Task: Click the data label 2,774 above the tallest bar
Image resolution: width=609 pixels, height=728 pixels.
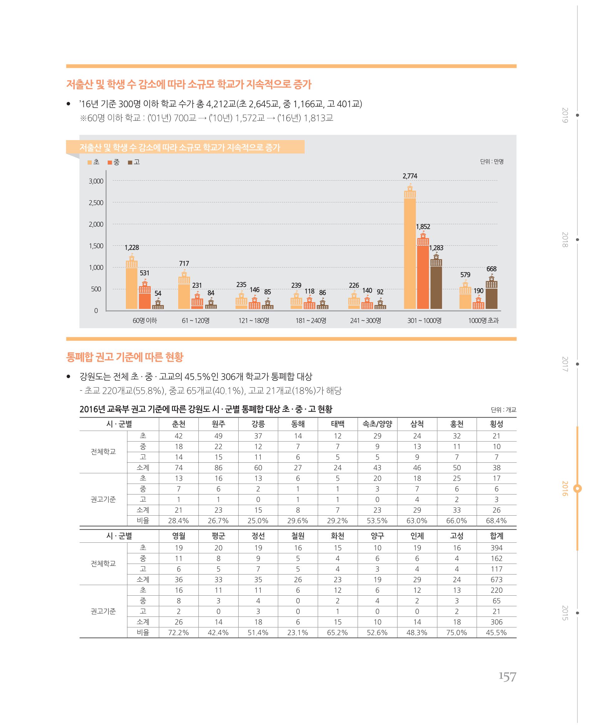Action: pos(410,176)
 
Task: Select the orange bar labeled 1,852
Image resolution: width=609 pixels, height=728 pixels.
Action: pos(423,270)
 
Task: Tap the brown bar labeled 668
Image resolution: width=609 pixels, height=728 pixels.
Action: pos(492,291)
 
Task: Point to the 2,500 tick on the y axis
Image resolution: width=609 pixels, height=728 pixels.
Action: pos(96,203)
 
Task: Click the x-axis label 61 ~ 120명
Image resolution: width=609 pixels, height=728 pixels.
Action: pos(196,321)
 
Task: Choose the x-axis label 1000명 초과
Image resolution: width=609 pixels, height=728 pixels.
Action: pos(483,321)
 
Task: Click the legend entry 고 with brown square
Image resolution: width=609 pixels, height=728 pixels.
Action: pos(134,162)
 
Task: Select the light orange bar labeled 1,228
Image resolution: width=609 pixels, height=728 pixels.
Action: pos(131,282)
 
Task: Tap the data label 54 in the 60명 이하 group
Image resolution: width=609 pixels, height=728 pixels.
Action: pos(158,293)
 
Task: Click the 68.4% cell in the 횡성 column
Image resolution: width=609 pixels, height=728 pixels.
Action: pos(497,521)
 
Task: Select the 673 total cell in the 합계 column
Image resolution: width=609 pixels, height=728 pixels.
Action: pos(497,579)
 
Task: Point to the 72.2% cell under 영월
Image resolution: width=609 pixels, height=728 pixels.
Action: pos(178,633)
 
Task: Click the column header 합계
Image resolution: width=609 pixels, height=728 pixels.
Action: pos(497,536)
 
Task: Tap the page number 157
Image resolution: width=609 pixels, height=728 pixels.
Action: pos(507,677)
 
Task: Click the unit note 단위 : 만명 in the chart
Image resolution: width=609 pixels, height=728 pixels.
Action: pos(492,162)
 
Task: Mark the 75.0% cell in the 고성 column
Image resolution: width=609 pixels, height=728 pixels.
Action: pos(457,633)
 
